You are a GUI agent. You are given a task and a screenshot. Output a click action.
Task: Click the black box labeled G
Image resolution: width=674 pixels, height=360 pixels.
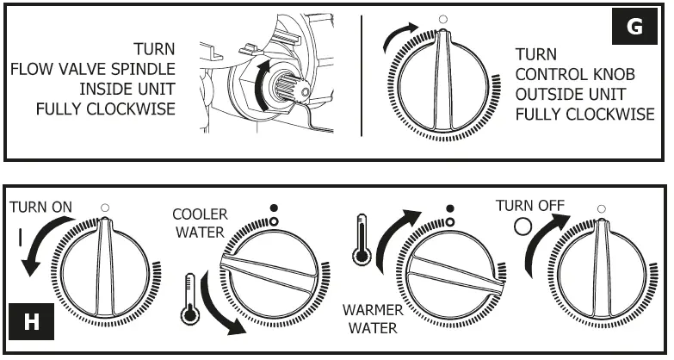tap(634, 28)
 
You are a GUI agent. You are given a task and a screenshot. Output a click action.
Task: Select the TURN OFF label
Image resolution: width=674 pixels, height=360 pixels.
tap(528, 206)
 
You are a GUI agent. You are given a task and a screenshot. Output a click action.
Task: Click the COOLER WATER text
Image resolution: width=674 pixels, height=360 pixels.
tap(201, 222)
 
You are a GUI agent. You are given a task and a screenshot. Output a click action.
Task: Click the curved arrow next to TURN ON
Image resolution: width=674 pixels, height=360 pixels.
tap(43, 245)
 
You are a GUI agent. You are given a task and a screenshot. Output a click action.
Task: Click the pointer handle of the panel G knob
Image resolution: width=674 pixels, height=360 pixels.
tap(442, 81)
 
